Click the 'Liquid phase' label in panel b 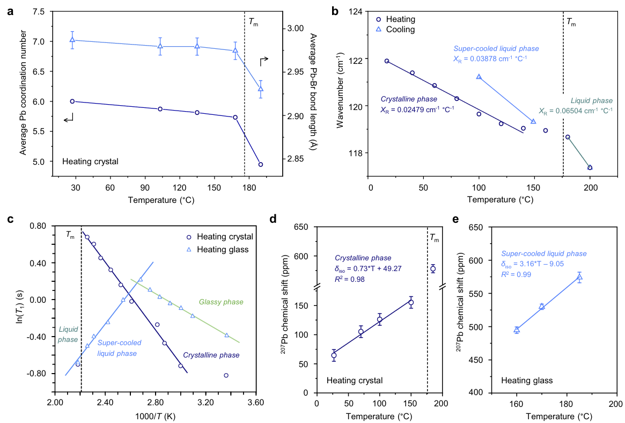591,100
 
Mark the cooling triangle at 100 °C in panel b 479,77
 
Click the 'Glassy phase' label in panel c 220,302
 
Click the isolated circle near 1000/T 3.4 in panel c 226,375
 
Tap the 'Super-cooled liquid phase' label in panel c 117,348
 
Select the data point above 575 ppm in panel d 433,269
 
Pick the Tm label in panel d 434,238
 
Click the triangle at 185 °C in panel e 579,277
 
